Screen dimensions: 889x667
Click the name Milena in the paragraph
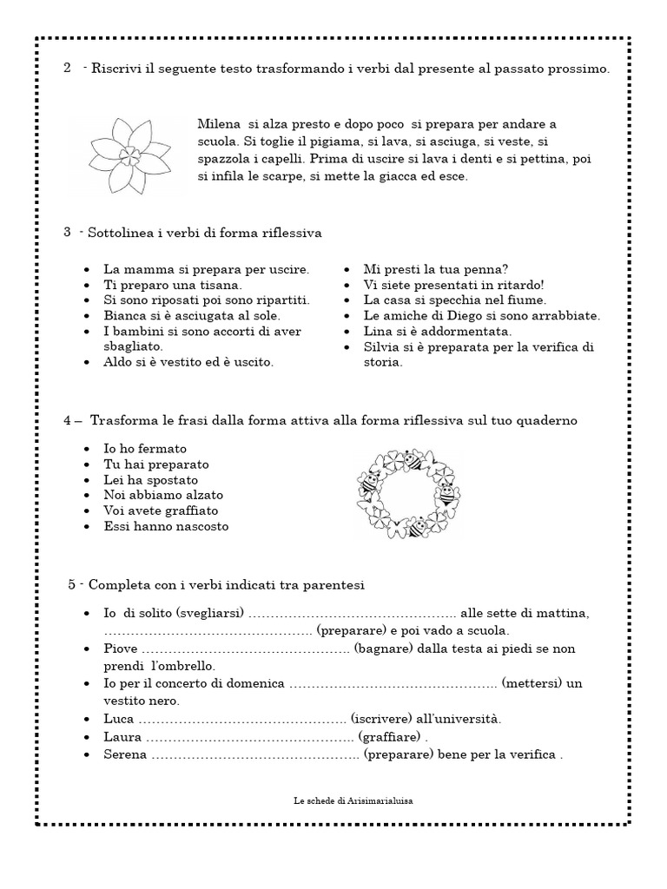218,124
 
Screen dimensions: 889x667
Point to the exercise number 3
67,233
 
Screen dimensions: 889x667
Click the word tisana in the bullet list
222,284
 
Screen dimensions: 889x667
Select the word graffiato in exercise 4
190,510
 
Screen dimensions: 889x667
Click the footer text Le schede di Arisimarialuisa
353,803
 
